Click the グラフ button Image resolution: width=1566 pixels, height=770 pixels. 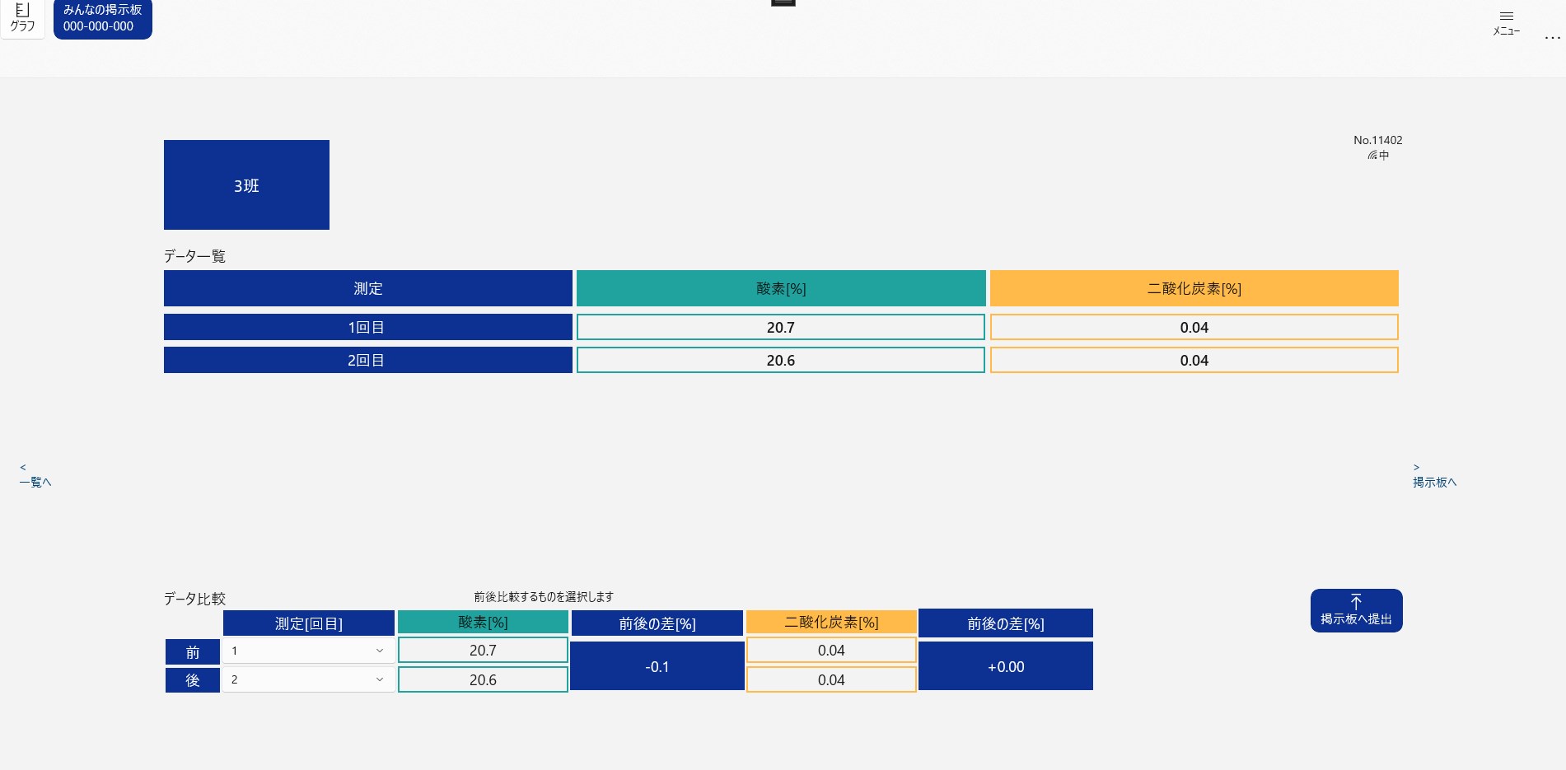pos(22,18)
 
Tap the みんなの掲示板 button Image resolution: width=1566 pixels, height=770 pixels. pos(102,18)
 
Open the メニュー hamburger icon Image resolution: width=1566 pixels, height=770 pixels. pos(1506,21)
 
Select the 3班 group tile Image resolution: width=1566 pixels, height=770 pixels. pos(246,185)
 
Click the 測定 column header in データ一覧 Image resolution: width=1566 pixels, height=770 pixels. pos(367,288)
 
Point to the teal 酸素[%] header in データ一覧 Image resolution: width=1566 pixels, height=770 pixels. pos(780,288)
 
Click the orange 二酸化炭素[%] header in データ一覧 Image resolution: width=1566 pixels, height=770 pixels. pos(1194,288)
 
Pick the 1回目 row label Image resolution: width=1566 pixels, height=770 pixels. pos(367,327)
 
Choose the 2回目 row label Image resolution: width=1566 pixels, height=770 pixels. pos(367,360)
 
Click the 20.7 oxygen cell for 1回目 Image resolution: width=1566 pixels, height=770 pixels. pos(780,327)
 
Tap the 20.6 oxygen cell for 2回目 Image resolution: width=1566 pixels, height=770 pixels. pos(780,360)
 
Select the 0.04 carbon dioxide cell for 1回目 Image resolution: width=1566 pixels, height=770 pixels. pos(1194,327)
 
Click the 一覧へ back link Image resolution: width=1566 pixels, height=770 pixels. pos(35,476)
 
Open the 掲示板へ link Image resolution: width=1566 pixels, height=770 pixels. pos(1434,476)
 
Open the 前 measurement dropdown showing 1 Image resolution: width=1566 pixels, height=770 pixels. pos(308,651)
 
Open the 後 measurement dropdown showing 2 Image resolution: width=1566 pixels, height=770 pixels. pos(308,679)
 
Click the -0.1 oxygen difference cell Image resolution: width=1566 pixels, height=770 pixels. pos(657,666)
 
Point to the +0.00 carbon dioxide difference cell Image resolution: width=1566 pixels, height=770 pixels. pos(1005,666)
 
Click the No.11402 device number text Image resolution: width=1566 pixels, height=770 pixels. pos(1377,141)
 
